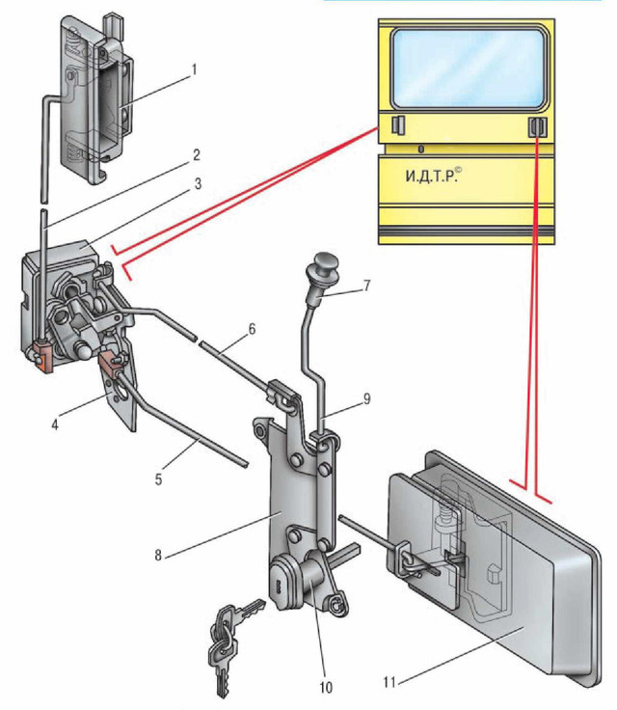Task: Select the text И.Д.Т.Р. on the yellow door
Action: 431,177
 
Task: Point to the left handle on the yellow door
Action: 397,124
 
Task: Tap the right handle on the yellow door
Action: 536,127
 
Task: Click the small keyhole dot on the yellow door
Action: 421,149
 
